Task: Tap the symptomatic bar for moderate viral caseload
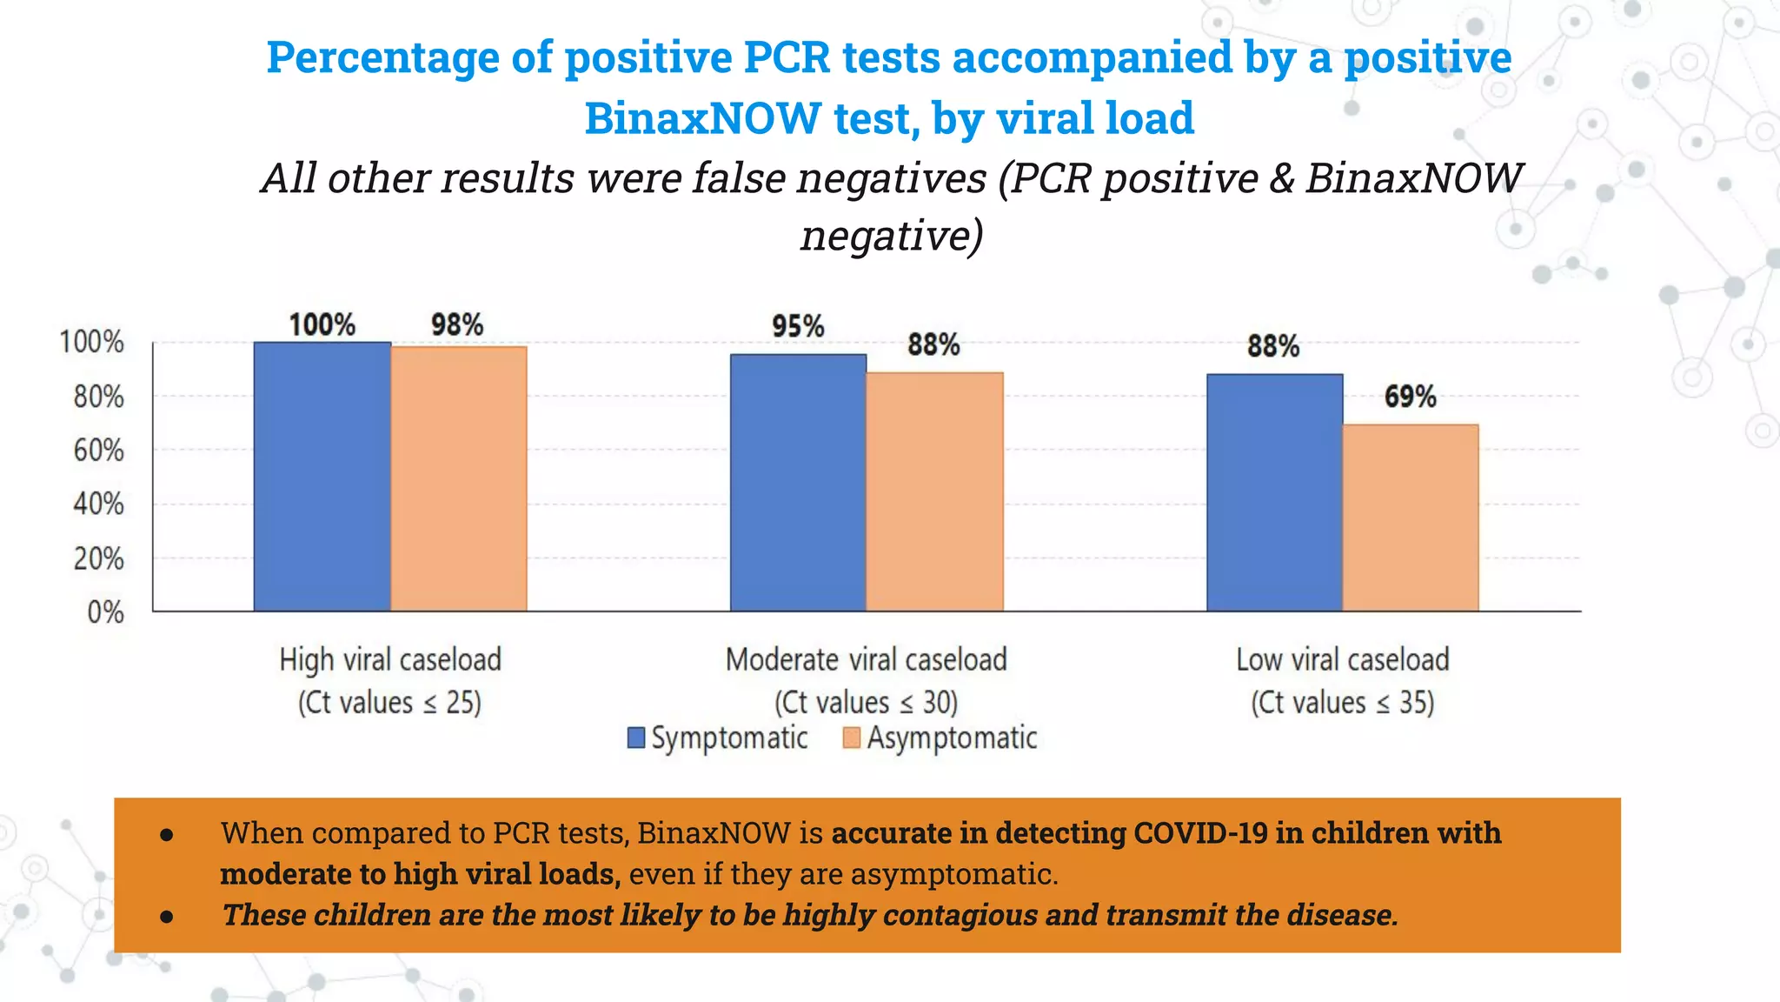[798, 483]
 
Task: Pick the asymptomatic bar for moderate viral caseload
[935, 491]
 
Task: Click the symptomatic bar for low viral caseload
[1274, 492]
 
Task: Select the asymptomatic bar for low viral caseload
[1411, 518]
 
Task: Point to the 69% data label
[1410, 397]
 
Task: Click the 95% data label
[798, 326]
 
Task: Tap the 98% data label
[457, 324]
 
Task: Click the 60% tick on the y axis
[98, 451]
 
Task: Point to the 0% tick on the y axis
[105, 612]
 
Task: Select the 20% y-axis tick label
[98, 558]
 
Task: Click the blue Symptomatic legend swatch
[636, 738]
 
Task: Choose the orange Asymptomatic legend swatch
[852, 738]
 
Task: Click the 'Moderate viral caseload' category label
[866, 659]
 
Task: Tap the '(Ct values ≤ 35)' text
[1342, 702]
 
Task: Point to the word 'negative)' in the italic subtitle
[892, 235]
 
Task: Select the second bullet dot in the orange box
[167, 916]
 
